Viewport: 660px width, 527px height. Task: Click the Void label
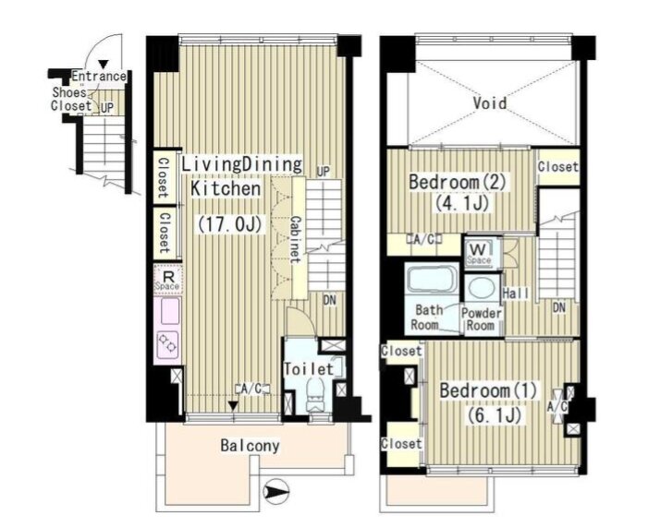coord(490,103)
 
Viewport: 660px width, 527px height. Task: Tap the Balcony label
coord(250,446)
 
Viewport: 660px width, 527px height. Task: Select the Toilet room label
coord(309,369)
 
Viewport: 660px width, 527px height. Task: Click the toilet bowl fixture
coord(315,394)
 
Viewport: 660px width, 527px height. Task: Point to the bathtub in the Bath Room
coord(433,278)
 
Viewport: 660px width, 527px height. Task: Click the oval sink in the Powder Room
coord(482,287)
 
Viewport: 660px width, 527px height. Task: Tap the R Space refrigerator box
coord(167,279)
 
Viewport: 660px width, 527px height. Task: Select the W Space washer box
coord(479,252)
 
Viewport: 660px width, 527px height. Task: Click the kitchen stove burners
coord(167,341)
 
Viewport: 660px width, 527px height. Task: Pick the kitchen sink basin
coord(169,311)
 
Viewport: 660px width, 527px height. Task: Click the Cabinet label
coord(296,240)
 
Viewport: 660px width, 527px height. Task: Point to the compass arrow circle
coord(275,491)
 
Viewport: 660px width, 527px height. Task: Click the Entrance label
coord(99,77)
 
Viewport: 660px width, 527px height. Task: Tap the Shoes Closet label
coord(71,99)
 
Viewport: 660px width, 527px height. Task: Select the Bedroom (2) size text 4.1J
coord(462,204)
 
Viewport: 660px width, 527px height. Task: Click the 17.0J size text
coord(230,225)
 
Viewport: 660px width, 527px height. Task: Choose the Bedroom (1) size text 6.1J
coord(495,415)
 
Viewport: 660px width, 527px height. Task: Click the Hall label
coord(516,293)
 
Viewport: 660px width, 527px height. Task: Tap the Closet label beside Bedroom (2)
coord(558,167)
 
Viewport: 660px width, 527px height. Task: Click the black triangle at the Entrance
coord(104,65)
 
